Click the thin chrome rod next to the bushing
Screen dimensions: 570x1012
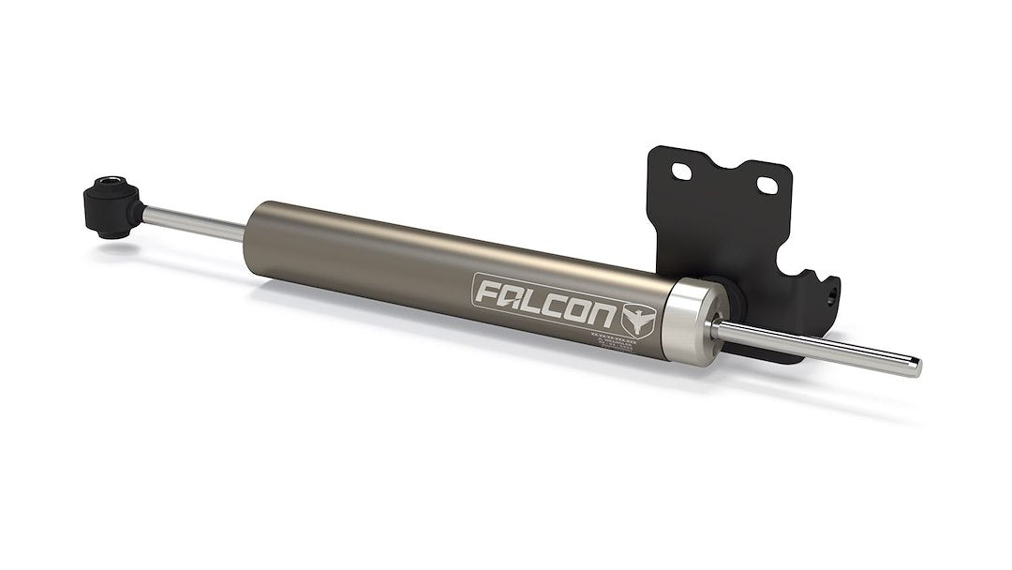[x=192, y=218]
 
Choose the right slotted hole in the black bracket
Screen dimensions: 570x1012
[x=771, y=181]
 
